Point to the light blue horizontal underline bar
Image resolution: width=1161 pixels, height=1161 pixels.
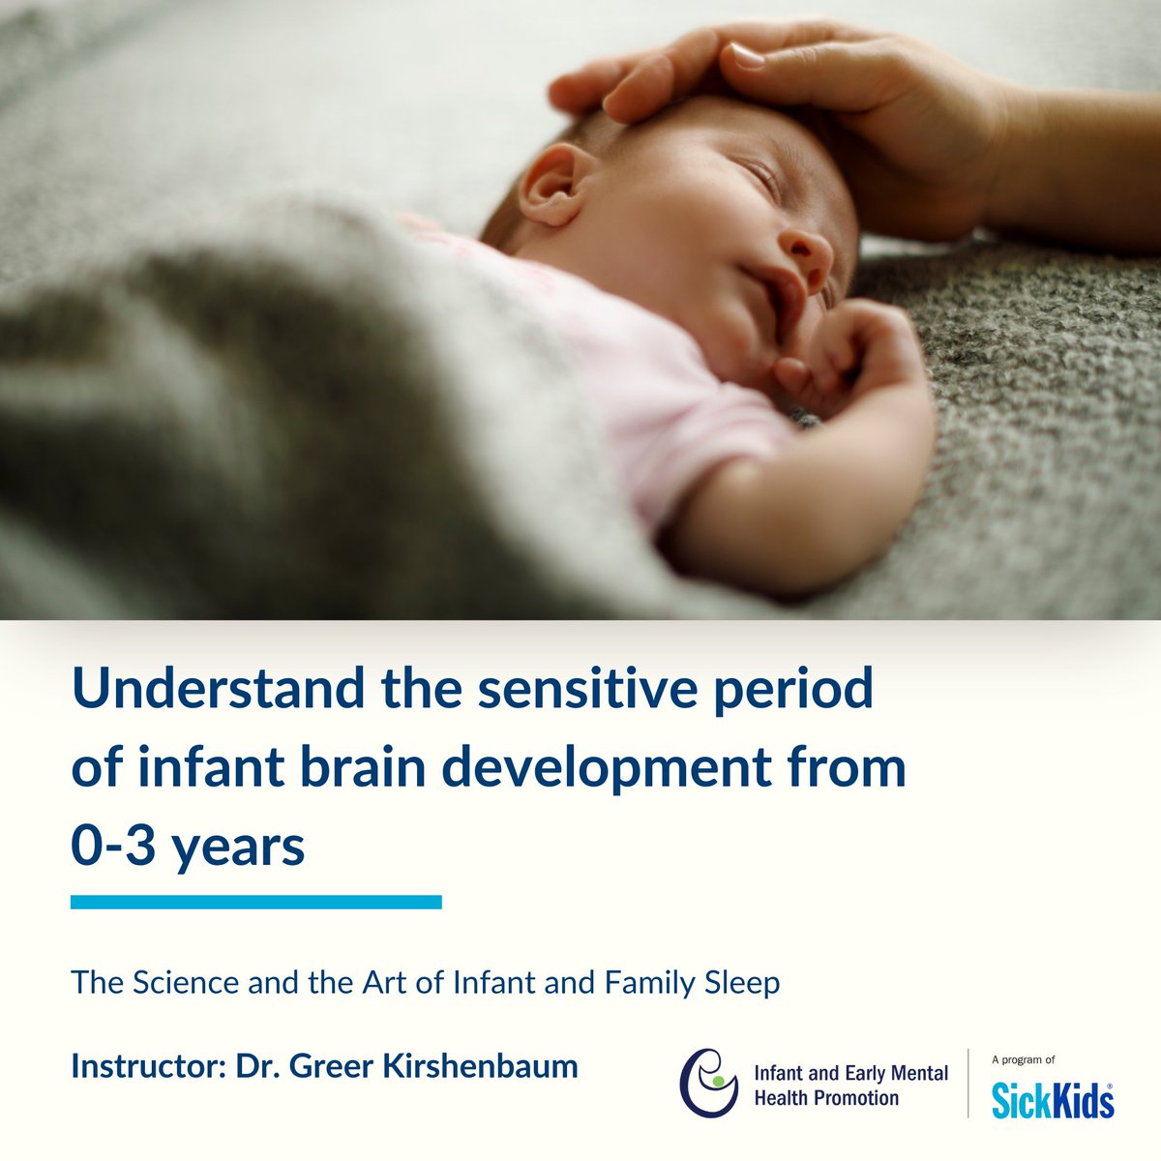click(x=256, y=902)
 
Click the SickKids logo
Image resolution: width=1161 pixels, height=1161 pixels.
click(x=1052, y=1100)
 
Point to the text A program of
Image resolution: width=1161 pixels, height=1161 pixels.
click(x=1023, y=1060)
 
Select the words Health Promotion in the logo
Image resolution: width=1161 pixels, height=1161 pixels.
click(x=826, y=1098)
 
